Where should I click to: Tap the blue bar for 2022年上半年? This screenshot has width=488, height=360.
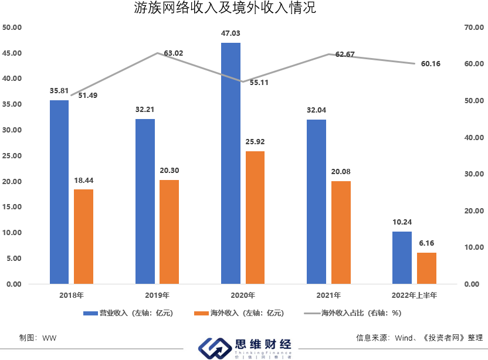tap(402, 257)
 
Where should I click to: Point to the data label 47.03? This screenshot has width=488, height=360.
tap(231, 34)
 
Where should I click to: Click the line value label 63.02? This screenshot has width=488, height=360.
tap(174, 53)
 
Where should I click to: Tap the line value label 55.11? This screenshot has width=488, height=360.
tap(259, 83)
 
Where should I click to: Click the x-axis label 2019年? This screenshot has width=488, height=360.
tap(156, 294)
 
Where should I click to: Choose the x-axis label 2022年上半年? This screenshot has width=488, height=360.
tap(415, 294)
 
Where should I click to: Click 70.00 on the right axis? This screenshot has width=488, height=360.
tap(473, 28)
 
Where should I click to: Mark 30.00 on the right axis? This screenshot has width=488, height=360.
tap(473, 174)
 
